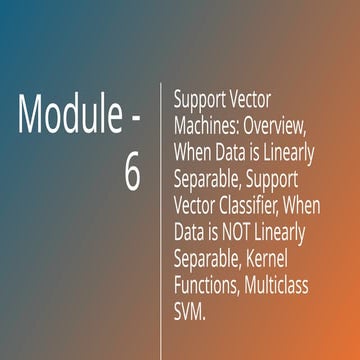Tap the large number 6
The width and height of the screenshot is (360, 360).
133,173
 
